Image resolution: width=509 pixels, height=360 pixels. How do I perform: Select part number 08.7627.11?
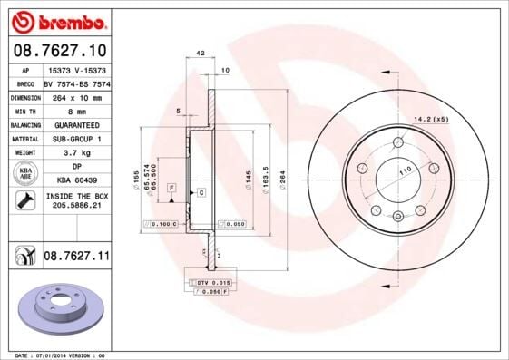tap(75, 258)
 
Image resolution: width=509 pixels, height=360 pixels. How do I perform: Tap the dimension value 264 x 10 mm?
tap(75, 95)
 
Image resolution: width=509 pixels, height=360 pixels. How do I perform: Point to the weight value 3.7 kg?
tap(75, 153)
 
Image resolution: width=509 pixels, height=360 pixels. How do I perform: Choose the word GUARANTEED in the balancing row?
tap(75, 124)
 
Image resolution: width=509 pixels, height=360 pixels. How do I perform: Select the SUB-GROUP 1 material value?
tap(75, 139)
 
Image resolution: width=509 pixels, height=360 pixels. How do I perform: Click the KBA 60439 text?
tap(75, 180)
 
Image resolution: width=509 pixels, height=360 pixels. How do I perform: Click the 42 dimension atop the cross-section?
tap(200, 54)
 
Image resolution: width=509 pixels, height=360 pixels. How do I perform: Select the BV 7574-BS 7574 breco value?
tap(75, 82)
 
